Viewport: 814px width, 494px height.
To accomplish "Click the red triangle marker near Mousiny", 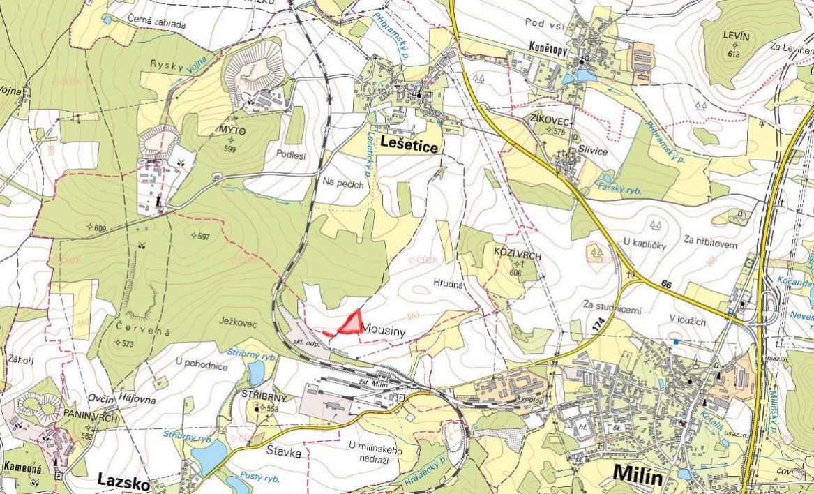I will [351, 323].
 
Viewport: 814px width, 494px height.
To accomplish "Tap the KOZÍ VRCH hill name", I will [518, 256].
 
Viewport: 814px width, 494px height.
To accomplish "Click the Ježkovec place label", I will [239, 324].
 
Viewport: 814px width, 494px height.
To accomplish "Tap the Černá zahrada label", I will [157, 24].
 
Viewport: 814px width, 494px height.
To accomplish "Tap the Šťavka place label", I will [284, 453].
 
